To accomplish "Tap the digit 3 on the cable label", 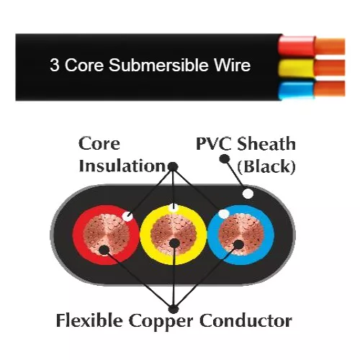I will [55, 66].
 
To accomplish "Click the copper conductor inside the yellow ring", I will [173, 238].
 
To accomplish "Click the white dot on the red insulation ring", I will [127, 215].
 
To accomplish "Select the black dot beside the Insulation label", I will [173, 166].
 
